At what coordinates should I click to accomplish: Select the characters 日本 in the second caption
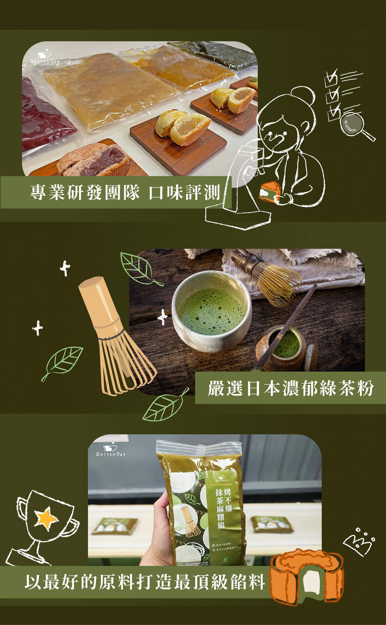point(263,388)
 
